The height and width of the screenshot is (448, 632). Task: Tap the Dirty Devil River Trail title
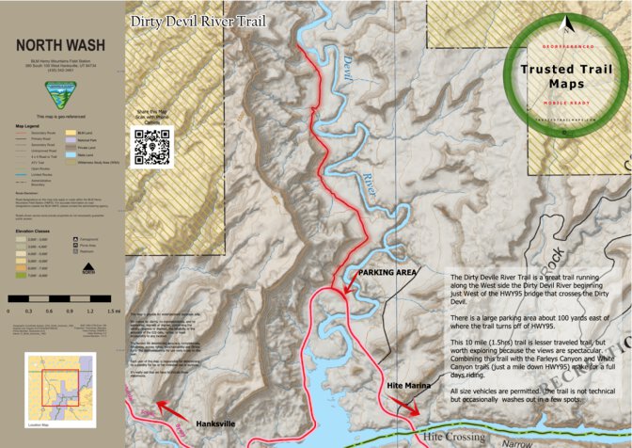197,21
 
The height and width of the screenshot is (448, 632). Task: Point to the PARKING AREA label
387,272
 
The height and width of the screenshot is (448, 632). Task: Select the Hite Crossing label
455,438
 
